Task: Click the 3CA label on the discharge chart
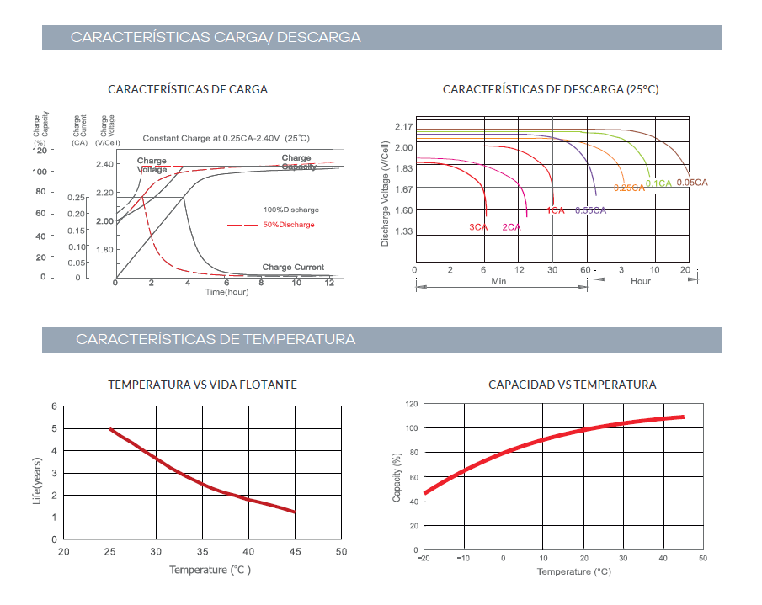(478, 227)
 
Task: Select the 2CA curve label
(511, 227)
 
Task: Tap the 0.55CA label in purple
(590, 210)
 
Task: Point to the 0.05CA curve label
(692, 183)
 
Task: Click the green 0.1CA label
(658, 183)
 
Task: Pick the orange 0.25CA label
(628, 188)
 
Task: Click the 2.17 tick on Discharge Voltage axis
(403, 127)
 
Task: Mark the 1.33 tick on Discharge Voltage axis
(403, 231)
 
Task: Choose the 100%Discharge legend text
(291, 210)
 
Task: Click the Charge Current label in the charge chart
(293, 268)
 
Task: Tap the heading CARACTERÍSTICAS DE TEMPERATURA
(216, 340)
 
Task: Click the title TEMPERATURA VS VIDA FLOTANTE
(202, 385)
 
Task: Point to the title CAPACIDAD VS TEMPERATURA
(572, 385)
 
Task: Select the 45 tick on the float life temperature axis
(295, 552)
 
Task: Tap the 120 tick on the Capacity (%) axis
(411, 405)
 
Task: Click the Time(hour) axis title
(227, 291)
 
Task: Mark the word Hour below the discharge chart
(641, 281)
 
